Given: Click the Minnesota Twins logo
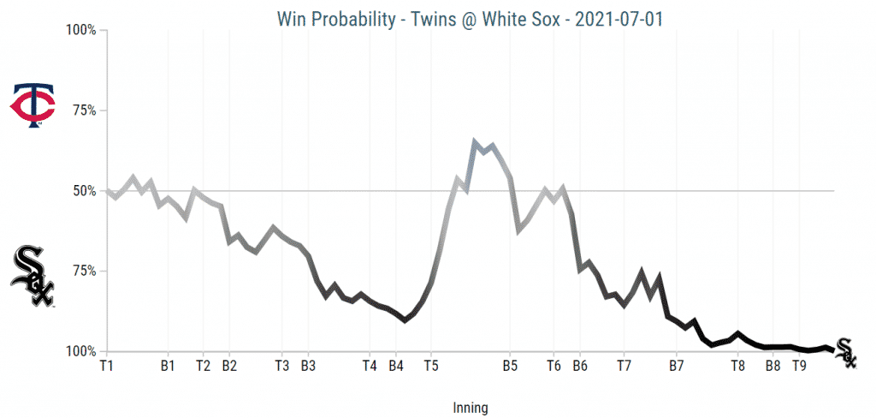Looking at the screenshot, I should coord(33,106).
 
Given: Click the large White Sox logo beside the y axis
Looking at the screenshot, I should coord(33,276).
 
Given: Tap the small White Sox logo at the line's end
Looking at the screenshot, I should coord(845,351).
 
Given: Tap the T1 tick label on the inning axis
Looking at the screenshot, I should coord(107,366).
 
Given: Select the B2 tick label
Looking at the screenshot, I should coord(229,366).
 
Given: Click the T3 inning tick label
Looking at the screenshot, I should coord(281,366).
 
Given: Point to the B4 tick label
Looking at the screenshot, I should coord(396,366).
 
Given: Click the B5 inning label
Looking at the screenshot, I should coord(510,366).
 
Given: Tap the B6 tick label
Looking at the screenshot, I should coord(579,366).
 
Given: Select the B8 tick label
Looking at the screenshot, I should coord(772,366).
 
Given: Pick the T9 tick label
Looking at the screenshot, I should coord(799,366).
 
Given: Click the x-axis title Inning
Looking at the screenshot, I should coord(469,409).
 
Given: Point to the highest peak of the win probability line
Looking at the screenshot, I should coord(475,141).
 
